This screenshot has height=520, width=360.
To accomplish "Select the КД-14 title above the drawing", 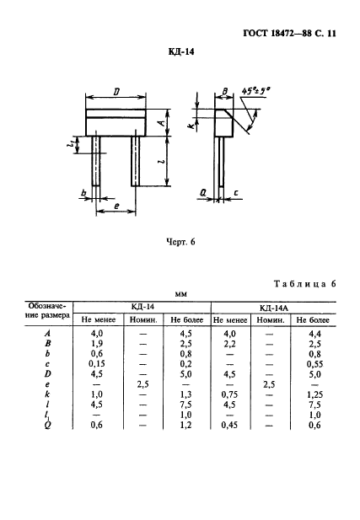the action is (181, 52).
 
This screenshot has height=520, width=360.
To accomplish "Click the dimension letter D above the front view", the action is (116, 92).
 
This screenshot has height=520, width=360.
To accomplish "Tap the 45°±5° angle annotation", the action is (256, 90).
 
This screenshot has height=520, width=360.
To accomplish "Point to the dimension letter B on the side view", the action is (224, 92).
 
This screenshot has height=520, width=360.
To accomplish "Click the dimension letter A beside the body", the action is (161, 123).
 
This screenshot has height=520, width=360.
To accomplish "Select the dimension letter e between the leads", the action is (116, 206).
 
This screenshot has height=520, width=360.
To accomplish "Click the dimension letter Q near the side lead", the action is (202, 193).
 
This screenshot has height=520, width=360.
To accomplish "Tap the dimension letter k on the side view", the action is (191, 126).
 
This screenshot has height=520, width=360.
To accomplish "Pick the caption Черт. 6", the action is (180, 242).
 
